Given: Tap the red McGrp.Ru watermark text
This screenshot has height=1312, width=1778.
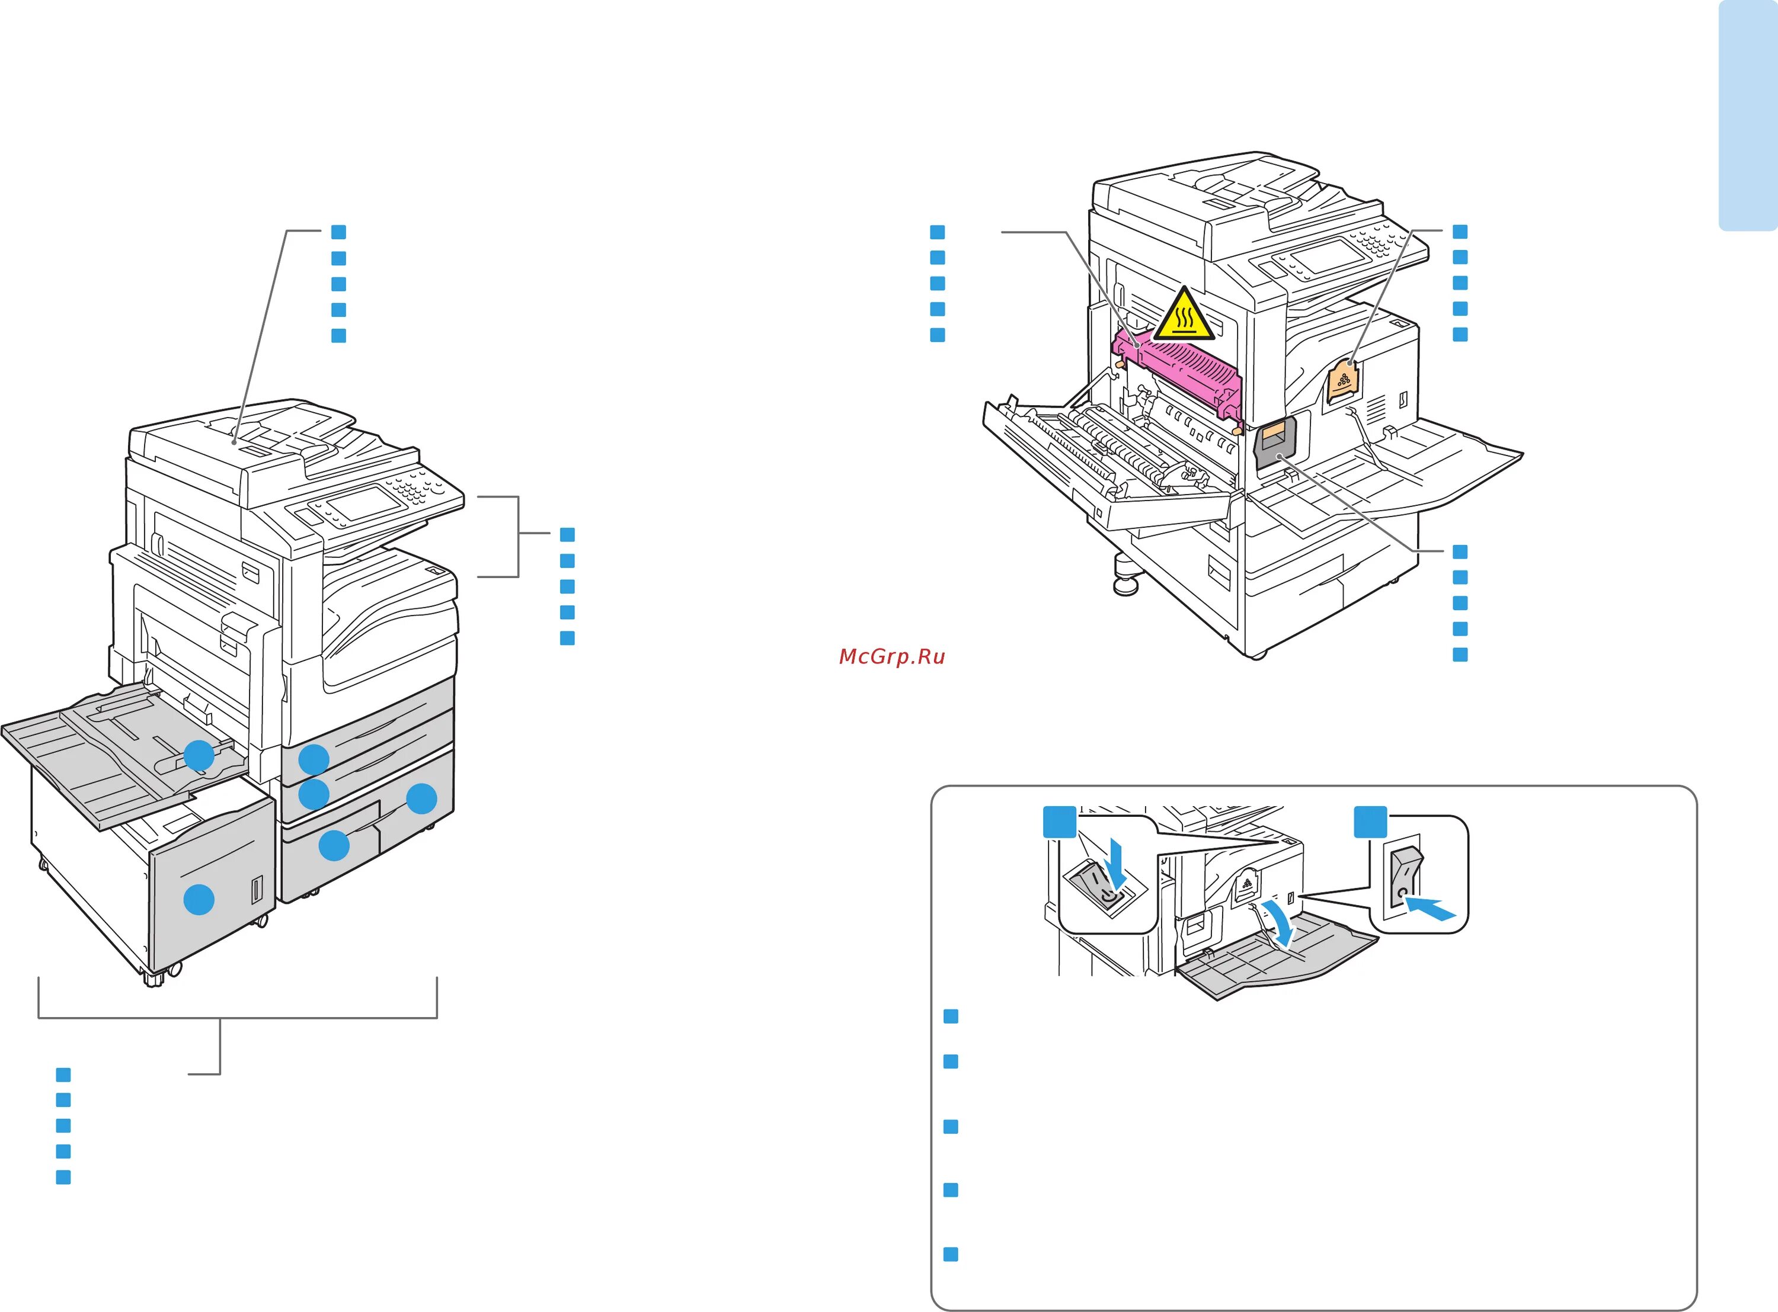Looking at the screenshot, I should (x=891, y=657).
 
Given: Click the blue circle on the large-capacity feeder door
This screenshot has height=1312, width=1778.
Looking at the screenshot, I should (x=199, y=900).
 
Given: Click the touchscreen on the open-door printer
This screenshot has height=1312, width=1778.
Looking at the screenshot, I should (x=1328, y=256).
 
